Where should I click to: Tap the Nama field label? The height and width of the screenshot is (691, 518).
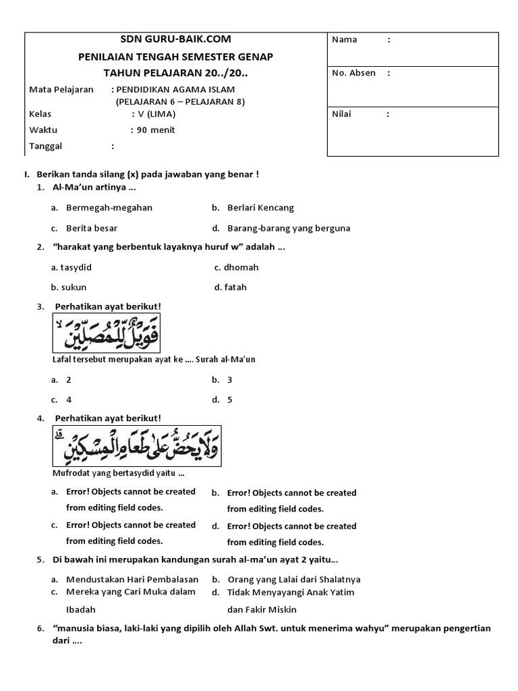344,40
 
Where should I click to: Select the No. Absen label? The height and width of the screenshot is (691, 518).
353,73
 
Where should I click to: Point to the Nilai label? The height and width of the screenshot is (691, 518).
342,114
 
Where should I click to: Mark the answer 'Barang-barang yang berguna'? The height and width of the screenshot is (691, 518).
289,228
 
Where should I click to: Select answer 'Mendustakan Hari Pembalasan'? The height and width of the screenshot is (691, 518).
132,579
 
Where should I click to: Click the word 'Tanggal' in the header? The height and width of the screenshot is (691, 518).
46,146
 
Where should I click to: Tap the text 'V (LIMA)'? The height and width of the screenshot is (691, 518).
156,114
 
